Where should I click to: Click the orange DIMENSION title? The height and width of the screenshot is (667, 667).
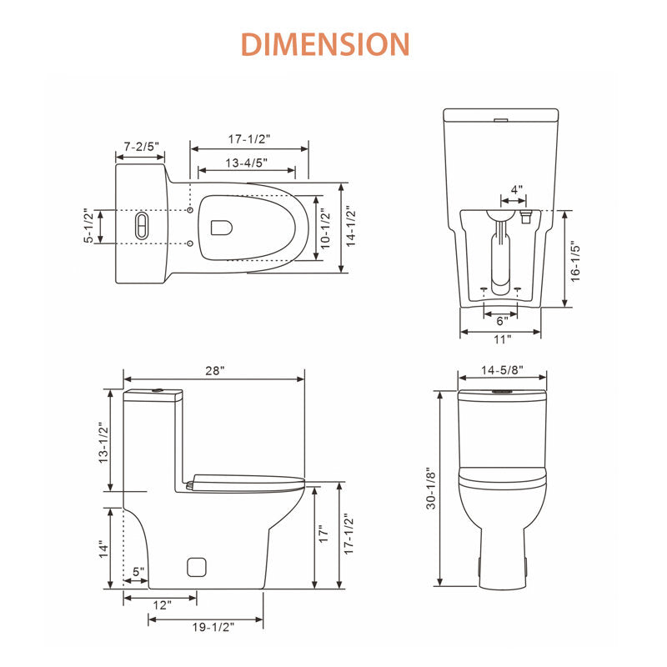click(325, 44)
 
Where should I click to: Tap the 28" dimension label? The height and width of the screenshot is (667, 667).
click(215, 370)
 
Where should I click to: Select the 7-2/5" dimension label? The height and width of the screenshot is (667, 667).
click(141, 147)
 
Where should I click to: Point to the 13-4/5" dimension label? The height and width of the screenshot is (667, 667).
click(246, 163)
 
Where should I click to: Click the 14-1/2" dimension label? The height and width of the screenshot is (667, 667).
click(350, 226)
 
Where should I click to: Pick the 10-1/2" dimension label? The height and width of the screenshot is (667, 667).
click(325, 228)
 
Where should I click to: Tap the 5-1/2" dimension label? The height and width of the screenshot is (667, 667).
click(88, 225)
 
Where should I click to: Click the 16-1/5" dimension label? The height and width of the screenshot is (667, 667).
click(575, 261)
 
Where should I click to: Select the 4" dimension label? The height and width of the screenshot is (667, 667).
click(516, 189)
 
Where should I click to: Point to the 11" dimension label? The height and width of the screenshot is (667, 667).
click(503, 339)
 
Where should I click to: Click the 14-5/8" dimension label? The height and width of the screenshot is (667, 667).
click(503, 370)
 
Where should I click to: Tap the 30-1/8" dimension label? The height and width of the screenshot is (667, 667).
click(431, 489)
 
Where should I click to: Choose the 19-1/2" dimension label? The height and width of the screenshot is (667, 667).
click(213, 627)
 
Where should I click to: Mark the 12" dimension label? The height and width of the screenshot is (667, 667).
click(162, 605)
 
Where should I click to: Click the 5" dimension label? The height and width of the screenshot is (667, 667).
click(138, 572)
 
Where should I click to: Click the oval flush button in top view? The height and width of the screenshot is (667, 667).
click(142, 226)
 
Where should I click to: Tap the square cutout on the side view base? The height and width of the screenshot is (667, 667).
click(197, 567)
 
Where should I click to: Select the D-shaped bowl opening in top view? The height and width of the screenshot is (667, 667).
click(222, 228)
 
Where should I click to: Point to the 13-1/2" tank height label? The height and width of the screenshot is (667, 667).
click(103, 443)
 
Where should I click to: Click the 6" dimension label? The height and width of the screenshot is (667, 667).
click(503, 320)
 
